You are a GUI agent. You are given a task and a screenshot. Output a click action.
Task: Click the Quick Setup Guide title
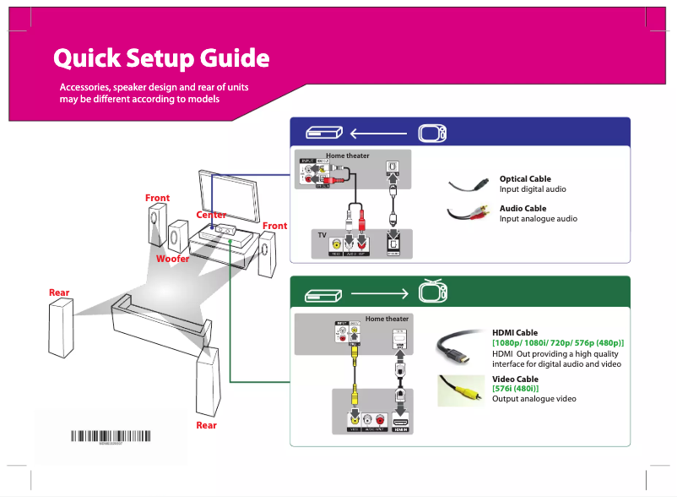[x=161, y=59]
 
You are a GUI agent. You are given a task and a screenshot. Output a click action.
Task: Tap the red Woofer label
[x=172, y=259]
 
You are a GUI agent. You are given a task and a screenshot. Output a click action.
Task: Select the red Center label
[x=211, y=215]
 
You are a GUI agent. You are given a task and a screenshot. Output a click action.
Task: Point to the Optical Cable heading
[x=525, y=179]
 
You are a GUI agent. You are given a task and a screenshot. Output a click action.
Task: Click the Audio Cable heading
[x=523, y=208]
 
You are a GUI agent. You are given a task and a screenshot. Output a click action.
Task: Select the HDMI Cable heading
[x=515, y=333]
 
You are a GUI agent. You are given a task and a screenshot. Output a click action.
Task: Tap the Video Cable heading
[x=515, y=380]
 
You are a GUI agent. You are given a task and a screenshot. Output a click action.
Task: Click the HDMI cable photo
[x=460, y=347]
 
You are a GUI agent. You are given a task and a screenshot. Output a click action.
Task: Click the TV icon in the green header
[x=431, y=292]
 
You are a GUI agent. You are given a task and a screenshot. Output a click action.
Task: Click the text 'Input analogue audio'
[x=538, y=219]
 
